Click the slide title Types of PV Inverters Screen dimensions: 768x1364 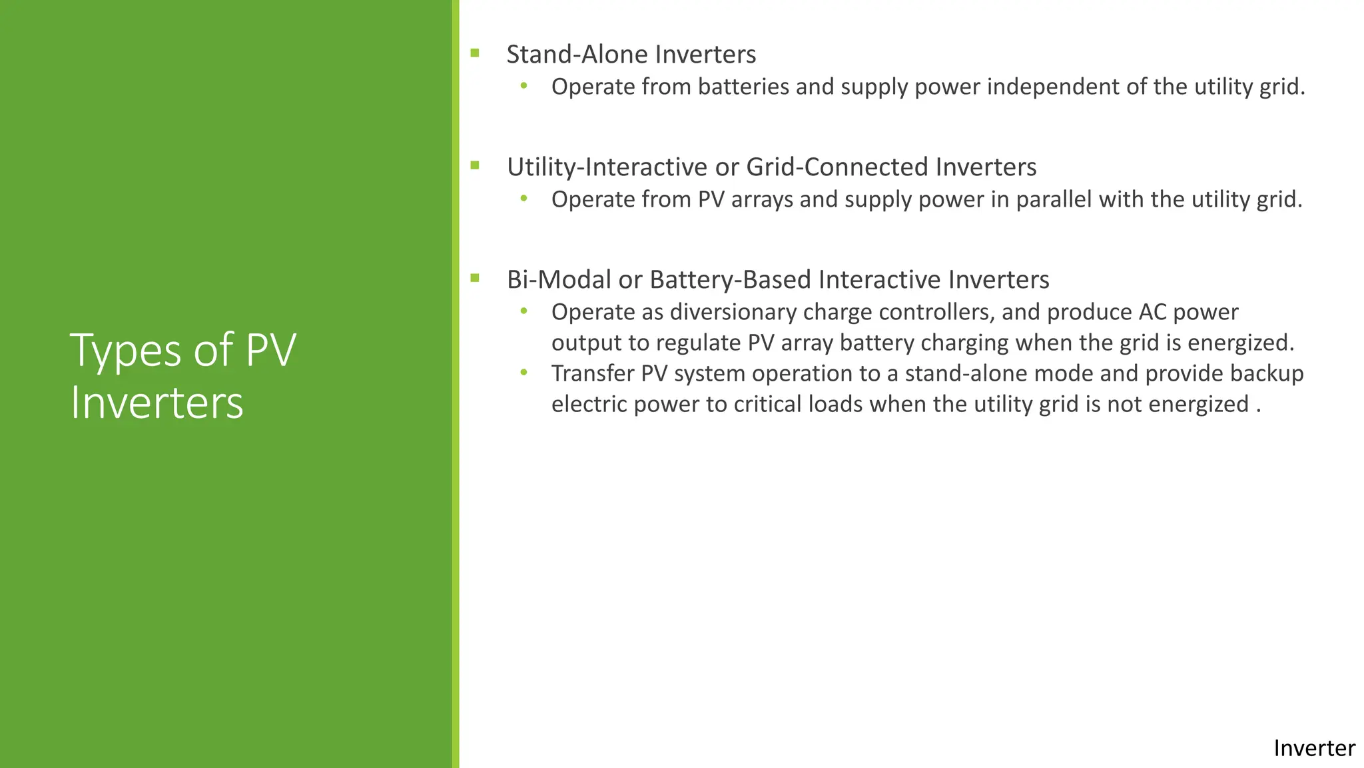183,376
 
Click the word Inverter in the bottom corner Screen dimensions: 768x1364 1313,748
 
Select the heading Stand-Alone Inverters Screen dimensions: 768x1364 631,55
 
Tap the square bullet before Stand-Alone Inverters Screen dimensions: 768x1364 475,53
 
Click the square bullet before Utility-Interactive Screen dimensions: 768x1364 475,165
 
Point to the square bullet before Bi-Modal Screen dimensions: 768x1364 475,278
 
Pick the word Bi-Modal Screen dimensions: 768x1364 559,280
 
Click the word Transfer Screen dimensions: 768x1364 593,373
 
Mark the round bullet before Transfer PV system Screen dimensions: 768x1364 524,373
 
